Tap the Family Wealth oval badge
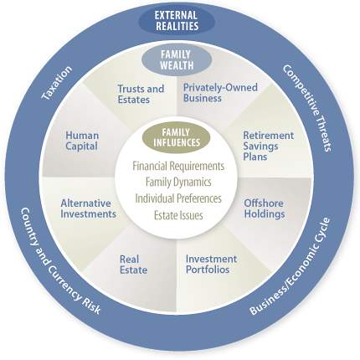(x=177, y=59)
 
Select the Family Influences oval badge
(x=177, y=137)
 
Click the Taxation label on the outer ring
(x=57, y=83)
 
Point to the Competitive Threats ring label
(x=307, y=108)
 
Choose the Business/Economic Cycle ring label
(x=290, y=266)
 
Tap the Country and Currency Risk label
(x=60, y=261)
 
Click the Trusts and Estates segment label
(x=141, y=95)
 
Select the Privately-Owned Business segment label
(x=220, y=93)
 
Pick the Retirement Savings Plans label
(x=268, y=146)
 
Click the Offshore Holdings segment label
(x=265, y=208)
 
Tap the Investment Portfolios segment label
(x=211, y=264)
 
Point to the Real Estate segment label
(x=133, y=265)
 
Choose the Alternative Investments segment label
(x=88, y=208)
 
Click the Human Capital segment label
(x=82, y=141)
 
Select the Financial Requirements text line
(x=178, y=166)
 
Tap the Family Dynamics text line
(x=178, y=183)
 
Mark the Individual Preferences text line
(x=178, y=198)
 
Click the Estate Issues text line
(x=178, y=215)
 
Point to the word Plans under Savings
(x=255, y=157)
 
